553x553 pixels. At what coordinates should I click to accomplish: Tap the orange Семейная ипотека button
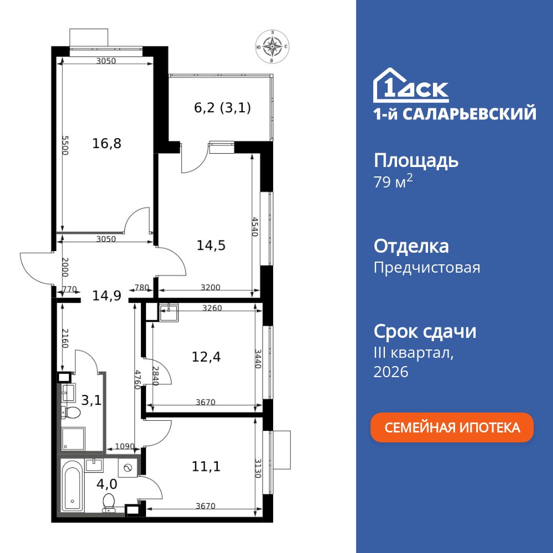[452, 427]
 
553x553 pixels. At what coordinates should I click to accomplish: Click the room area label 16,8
[107, 144]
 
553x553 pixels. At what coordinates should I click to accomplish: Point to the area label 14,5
[211, 244]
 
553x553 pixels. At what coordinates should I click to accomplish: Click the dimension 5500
[65, 145]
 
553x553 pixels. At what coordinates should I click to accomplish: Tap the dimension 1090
[124, 446]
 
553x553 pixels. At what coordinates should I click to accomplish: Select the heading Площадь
[416, 161]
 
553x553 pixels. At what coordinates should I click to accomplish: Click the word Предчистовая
[426, 268]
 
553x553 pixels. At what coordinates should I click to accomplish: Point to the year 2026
[391, 372]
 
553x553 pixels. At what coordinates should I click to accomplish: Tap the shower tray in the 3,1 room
[72, 439]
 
